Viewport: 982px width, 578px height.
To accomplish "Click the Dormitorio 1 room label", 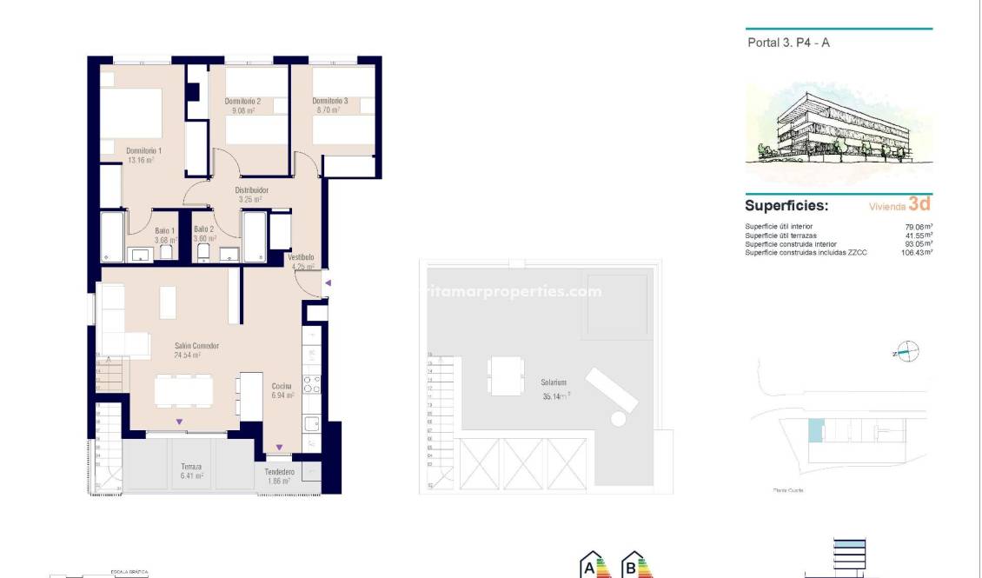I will tap(143, 150).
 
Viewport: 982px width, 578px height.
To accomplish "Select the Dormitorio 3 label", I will tap(329, 102).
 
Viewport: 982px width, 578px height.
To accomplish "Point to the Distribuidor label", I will tap(251, 189).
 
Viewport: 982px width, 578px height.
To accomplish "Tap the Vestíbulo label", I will tap(301, 257).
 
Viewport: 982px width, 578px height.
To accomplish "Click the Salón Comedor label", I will tap(196, 346).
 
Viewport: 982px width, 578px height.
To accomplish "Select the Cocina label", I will tap(282, 386).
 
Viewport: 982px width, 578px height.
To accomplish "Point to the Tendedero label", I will tap(279, 473).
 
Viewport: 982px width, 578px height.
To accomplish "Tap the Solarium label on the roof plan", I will tap(554, 382).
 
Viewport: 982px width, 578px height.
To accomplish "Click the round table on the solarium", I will tap(618, 418).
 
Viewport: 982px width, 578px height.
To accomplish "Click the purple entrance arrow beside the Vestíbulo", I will tap(327, 282).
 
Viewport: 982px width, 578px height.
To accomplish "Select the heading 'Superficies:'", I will tap(786, 206).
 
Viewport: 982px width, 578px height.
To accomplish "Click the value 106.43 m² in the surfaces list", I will tap(917, 253).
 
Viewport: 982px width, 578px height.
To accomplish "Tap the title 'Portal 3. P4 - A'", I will tap(788, 42).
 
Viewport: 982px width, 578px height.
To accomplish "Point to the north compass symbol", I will tap(907, 352).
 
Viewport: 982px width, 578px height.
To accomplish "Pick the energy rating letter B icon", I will tap(635, 567).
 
